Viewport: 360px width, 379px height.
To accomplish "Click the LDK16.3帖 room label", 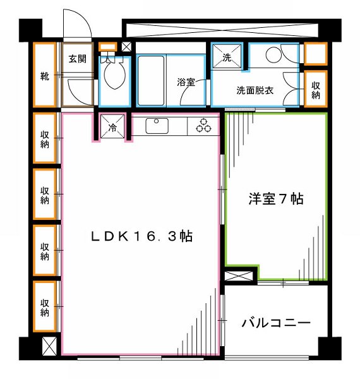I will [x=142, y=237].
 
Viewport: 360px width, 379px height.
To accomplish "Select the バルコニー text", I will [x=276, y=324].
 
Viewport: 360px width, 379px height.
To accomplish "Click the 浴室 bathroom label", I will [x=184, y=82].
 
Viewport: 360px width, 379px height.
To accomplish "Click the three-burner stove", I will [x=203, y=125].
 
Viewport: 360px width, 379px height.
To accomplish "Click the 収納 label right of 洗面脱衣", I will [x=315, y=90].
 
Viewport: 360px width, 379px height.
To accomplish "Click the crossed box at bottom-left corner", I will [x=47, y=347].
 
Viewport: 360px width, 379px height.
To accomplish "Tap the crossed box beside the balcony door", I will [x=241, y=276].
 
